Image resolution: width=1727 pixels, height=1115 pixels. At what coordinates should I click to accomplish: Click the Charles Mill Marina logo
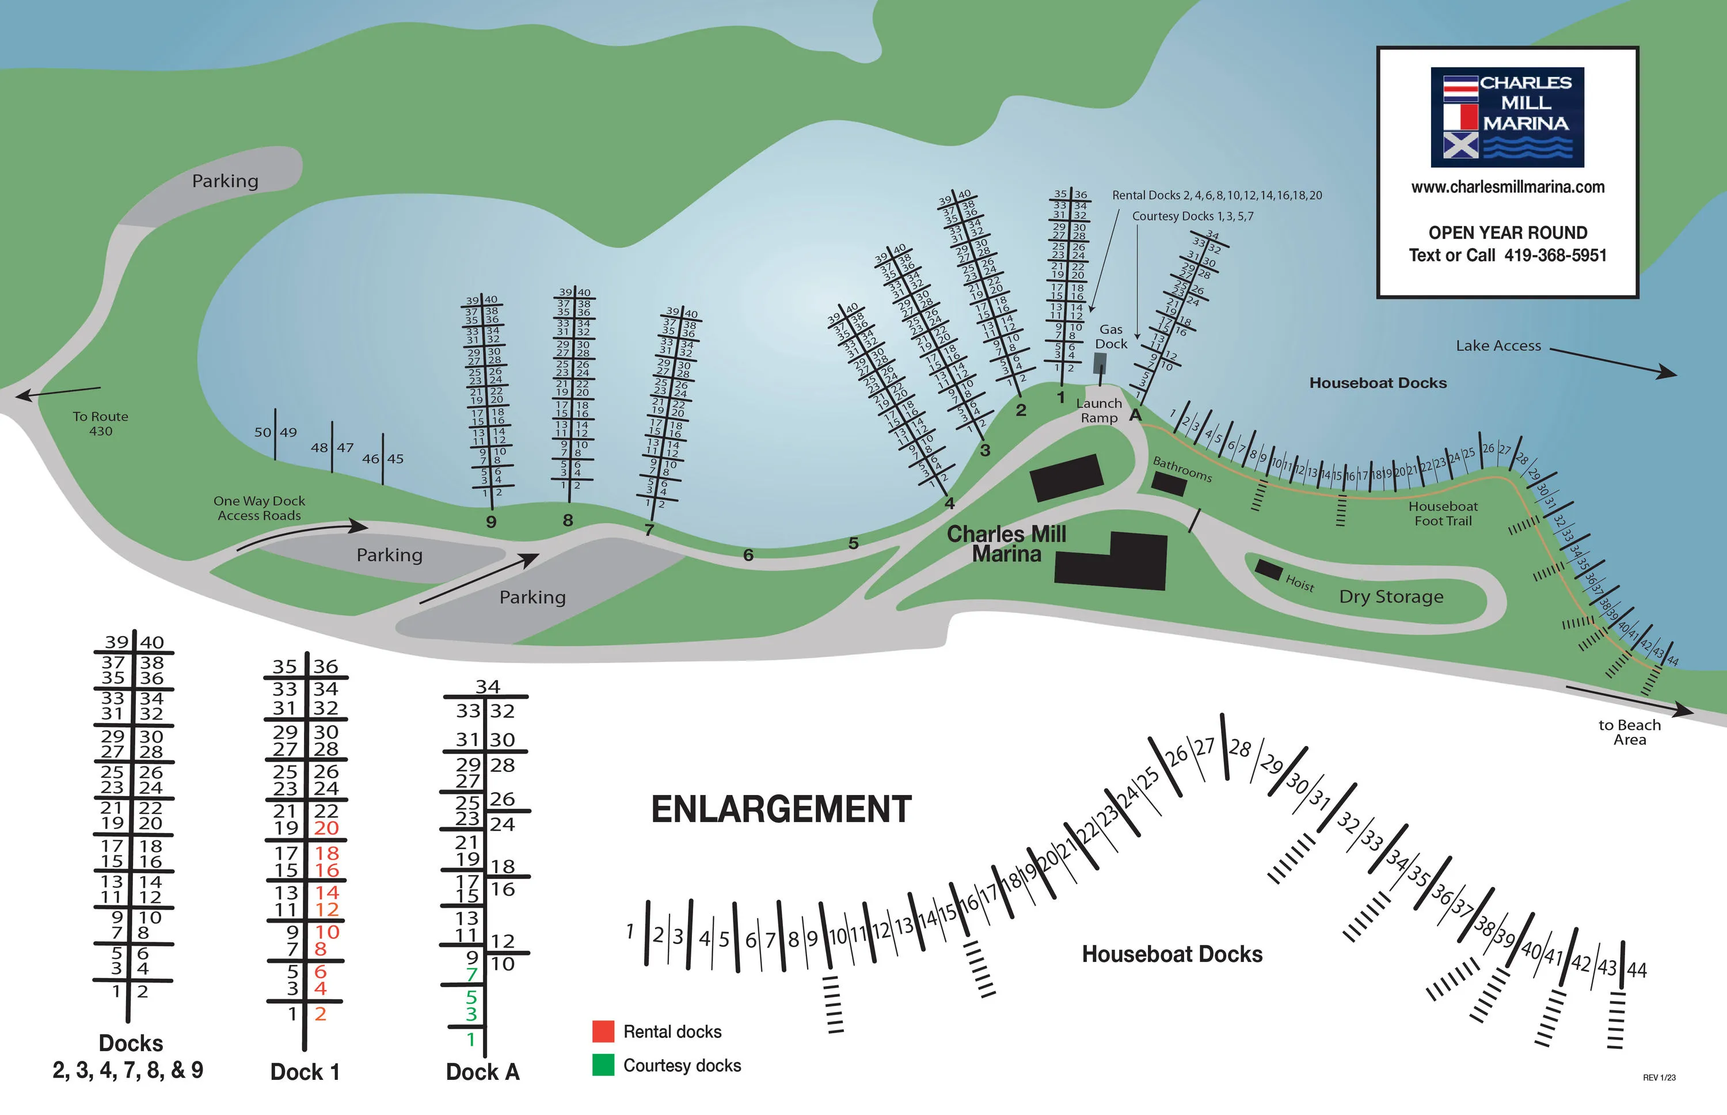tap(1507, 117)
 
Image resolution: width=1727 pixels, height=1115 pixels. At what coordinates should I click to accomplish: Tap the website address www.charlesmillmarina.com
tap(1508, 187)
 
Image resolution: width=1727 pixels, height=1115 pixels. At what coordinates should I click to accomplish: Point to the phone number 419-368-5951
tap(1555, 256)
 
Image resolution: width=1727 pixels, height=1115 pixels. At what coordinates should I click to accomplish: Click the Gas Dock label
tap(1111, 337)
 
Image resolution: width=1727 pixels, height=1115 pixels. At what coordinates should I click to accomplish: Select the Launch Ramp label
tap(1098, 410)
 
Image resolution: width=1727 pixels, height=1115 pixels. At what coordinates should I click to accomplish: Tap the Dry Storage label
tap(1391, 596)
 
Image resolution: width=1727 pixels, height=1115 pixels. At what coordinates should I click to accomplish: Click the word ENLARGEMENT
tap(781, 809)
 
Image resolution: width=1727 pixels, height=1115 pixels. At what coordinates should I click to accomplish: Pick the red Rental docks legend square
tap(603, 1031)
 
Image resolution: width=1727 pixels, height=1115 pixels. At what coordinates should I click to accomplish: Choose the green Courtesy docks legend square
tap(603, 1065)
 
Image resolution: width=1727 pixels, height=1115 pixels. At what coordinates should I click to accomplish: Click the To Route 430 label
tap(101, 424)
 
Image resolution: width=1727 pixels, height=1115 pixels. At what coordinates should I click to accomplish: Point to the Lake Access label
tap(1498, 346)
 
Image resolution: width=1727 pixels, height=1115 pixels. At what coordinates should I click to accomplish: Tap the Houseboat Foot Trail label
tap(1443, 513)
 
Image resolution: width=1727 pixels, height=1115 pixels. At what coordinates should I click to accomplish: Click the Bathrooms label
tap(1182, 469)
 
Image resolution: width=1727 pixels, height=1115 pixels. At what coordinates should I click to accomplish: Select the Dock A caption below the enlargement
tap(482, 1072)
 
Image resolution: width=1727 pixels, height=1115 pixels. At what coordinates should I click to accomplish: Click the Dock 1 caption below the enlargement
tap(305, 1072)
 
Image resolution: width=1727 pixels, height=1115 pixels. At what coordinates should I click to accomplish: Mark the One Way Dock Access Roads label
tap(259, 508)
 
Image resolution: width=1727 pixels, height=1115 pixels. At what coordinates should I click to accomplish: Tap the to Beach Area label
tap(1629, 732)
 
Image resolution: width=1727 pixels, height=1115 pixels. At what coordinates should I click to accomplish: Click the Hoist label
tap(1300, 583)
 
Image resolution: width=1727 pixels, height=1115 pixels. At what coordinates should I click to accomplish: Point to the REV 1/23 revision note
tap(1659, 1078)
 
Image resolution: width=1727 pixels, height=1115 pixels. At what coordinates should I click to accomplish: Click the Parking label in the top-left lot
tap(225, 181)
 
